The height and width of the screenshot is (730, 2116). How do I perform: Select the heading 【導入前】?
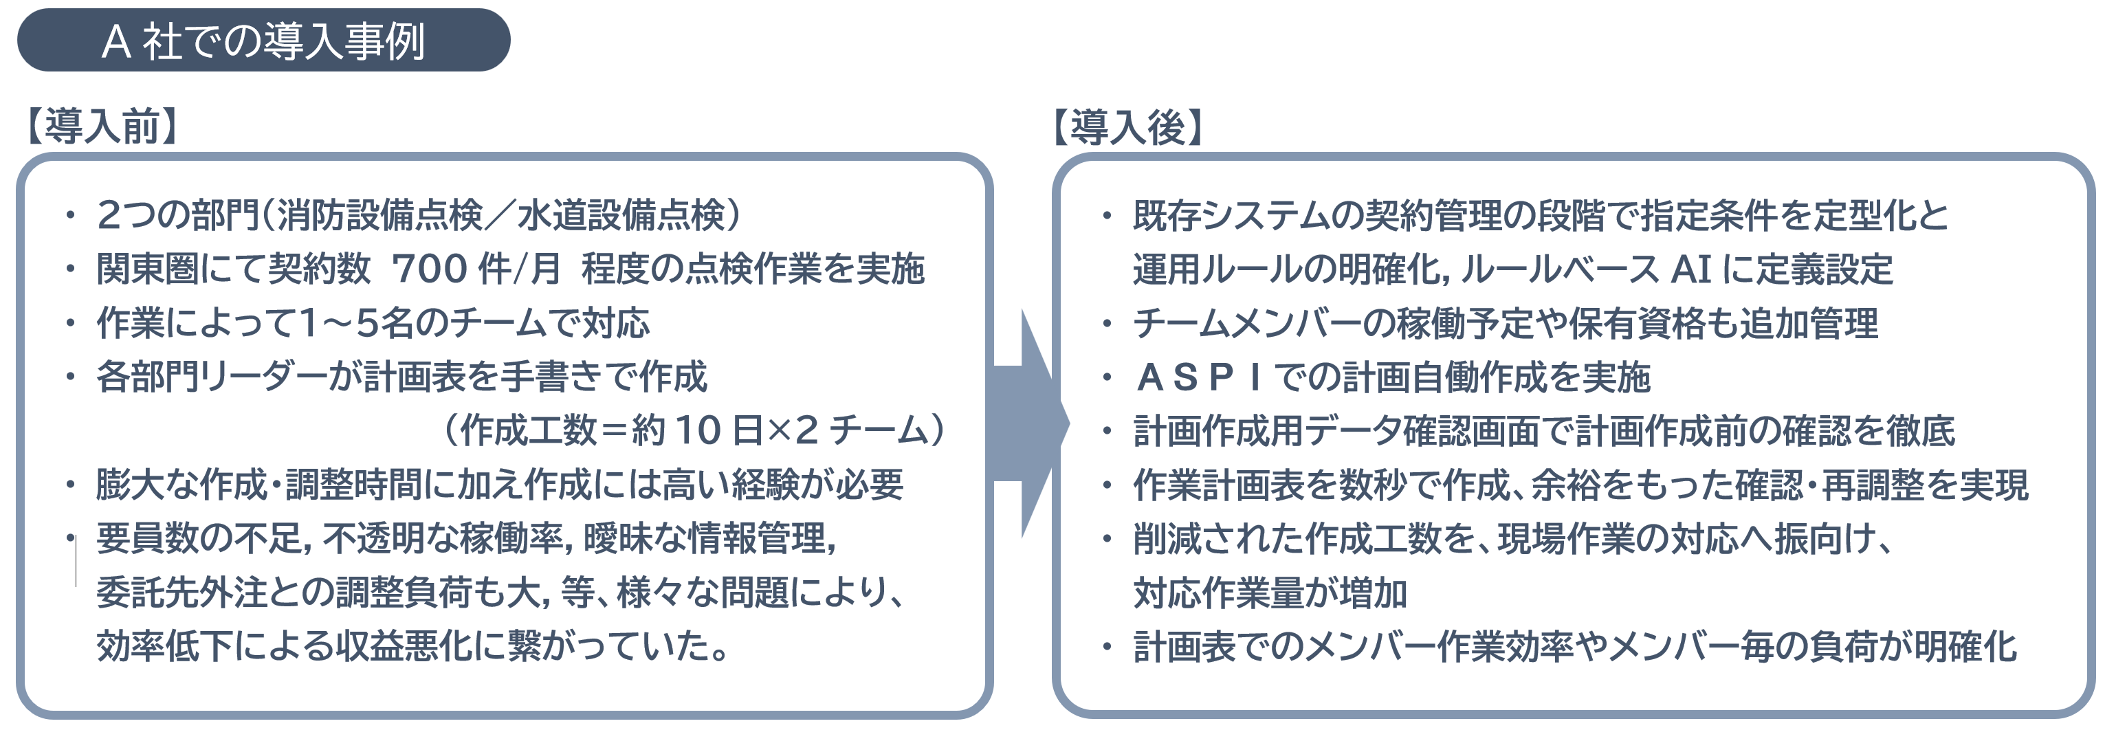(102, 126)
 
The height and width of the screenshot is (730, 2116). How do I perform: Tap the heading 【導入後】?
(1127, 127)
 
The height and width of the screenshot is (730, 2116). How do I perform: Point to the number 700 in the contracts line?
(430, 269)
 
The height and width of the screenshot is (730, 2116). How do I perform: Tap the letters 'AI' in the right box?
(1691, 269)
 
